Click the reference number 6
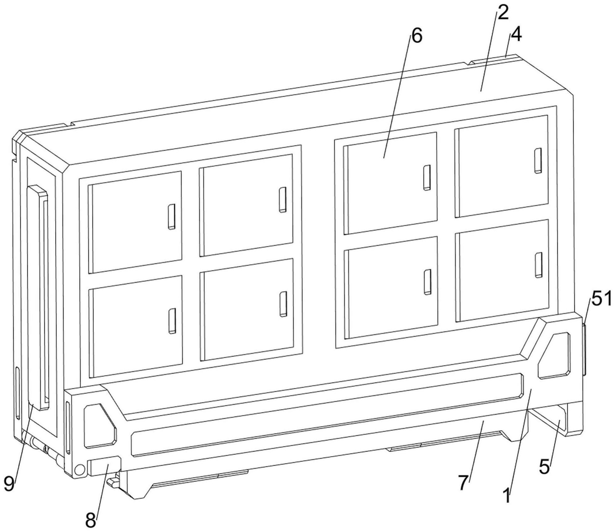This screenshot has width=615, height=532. [417, 36]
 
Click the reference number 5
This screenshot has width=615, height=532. [544, 467]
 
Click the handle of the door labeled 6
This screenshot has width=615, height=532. [427, 178]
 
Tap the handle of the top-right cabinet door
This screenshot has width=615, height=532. [538, 160]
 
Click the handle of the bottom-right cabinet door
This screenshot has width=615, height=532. [539, 265]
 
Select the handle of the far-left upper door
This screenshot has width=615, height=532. [171, 217]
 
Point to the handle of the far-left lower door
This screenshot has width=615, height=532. [172, 321]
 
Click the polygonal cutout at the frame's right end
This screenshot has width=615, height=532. [554, 356]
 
